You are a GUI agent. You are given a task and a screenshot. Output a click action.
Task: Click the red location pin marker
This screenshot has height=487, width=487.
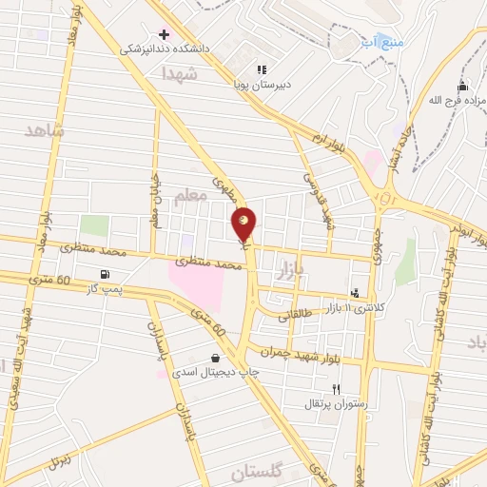pos(244,224)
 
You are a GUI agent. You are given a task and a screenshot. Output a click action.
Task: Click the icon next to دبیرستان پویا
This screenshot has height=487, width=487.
pos(262,68)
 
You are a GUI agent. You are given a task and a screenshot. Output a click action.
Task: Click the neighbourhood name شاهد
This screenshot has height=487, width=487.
pos(45,131)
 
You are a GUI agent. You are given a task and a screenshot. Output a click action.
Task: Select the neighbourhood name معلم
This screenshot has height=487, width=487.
pos(190,196)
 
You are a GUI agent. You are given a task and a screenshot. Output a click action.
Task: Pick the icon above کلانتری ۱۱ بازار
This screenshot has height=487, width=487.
pos(355,293)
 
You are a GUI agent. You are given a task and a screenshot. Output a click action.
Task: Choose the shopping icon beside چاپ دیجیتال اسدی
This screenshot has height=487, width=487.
pos(215,358)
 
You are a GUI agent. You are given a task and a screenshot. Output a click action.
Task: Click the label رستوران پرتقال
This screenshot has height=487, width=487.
pos(327,403)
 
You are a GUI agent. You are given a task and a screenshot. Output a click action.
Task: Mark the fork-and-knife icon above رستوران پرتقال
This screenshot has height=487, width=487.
pos(336,388)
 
